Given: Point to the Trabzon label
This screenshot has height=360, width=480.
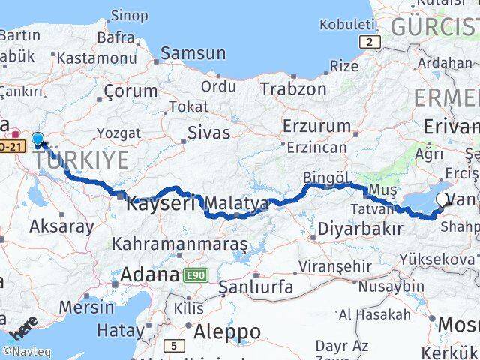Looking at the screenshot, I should click(x=293, y=88).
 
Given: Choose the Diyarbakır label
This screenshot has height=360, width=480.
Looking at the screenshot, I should click(x=361, y=229).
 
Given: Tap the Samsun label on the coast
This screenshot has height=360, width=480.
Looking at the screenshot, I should click(x=193, y=53).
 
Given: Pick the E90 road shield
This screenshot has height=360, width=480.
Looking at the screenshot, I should click(x=193, y=275).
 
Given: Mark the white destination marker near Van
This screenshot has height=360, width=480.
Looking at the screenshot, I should click(x=444, y=200).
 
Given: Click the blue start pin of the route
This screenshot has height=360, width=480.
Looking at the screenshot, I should click(x=37, y=139).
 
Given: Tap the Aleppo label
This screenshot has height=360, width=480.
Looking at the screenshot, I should click(x=227, y=331).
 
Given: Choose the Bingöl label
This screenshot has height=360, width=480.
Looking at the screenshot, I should click(x=326, y=178).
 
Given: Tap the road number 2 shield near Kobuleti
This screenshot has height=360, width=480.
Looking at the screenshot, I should click(x=368, y=42).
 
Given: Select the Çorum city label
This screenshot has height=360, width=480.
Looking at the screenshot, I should click(x=131, y=91).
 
